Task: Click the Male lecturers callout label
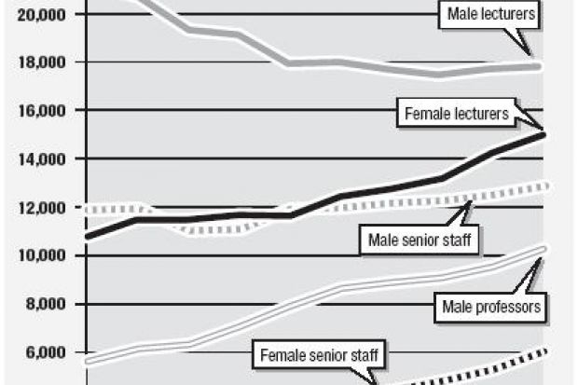[490, 14]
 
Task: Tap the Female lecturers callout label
[456, 115]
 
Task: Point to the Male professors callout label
[489, 305]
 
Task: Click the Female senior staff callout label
[323, 355]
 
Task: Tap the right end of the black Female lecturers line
[543, 134]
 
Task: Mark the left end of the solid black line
[86, 237]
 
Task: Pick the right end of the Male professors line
[543, 248]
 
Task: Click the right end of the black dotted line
[543, 351]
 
